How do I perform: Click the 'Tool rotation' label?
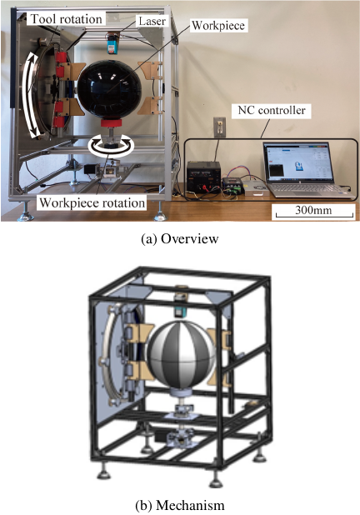pos(67,19)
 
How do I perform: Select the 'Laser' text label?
pos(152,22)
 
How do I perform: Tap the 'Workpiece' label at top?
pos(218,25)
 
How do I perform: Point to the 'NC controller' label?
pos(272,110)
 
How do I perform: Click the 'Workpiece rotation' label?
pos(92,202)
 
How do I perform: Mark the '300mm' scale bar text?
pos(313,209)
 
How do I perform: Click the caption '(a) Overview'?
pos(180,238)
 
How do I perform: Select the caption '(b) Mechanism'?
pos(180,505)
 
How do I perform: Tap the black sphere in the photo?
pos(109,89)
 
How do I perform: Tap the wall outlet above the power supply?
pos(219,127)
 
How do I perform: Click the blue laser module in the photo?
pos(112,43)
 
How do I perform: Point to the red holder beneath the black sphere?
pos(111,123)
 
